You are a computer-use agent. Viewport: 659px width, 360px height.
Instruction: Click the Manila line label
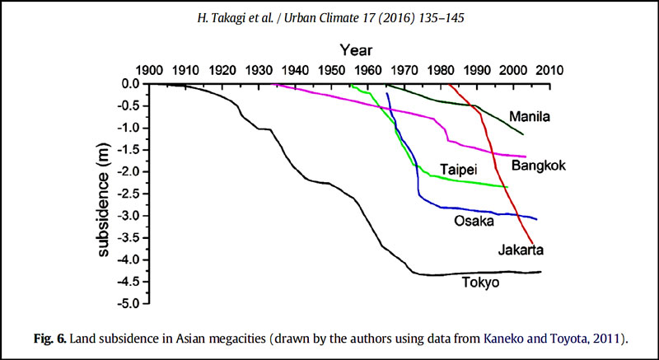pyautogui.click(x=530, y=116)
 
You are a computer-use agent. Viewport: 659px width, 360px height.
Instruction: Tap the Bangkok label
pyautogui.click(x=539, y=166)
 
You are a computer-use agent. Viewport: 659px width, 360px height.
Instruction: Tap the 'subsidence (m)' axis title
pyautogui.click(x=105, y=194)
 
